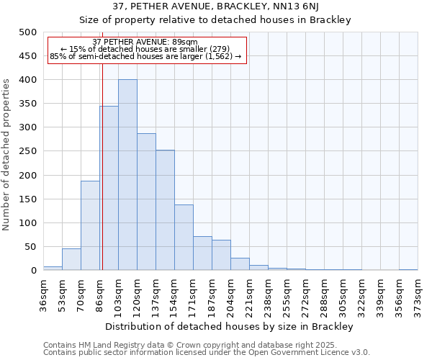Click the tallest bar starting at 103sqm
coord(127,175)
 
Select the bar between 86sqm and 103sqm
coord(109,188)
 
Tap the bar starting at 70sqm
coord(90,225)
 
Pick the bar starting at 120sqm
coord(146,202)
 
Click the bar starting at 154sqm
coord(184,238)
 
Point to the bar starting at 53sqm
coord(71,259)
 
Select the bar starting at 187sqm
coord(221,255)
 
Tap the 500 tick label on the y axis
coord(28,32)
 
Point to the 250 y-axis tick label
coord(28,151)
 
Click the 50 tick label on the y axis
coord(31,247)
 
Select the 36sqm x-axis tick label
coord(44,293)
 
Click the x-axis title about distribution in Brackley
coord(229,327)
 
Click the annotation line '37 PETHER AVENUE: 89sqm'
coord(145,42)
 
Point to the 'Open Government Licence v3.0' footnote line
coord(207,352)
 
